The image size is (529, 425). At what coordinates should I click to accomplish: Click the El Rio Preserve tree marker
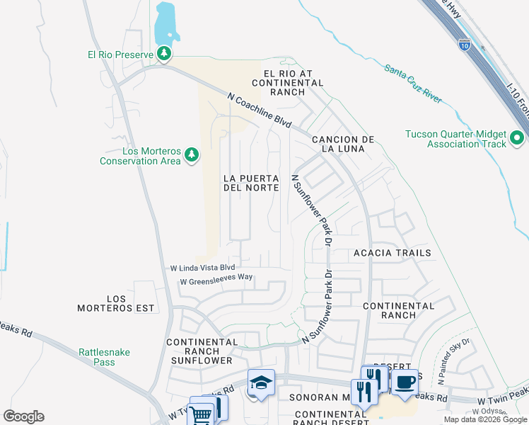(x=164, y=54)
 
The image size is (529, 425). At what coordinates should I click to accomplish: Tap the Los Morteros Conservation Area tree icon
(x=191, y=155)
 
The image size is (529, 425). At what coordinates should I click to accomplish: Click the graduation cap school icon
(x=260, y=383)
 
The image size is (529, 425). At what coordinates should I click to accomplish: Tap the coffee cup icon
(x=405, y=383)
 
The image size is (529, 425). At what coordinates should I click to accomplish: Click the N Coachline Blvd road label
(x=260, y=111)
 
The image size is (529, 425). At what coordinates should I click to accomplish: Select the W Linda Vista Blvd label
(x=202, y=268)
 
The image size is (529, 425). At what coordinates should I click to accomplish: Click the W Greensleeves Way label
(x=216, y=280)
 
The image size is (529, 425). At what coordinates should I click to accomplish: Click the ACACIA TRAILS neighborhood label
(x=392, y=252)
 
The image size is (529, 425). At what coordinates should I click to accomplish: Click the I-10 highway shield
(x=463, y=45)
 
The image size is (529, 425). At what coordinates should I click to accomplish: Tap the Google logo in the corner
(x=23, y=416)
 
